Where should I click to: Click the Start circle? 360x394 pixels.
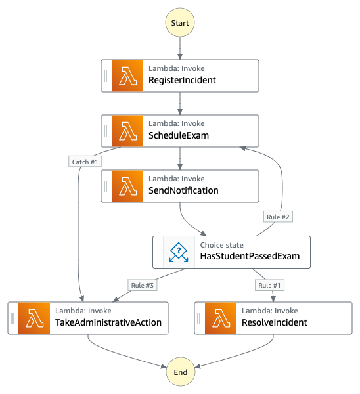[x=180, y=22]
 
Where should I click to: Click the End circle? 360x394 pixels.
[x=181, y=372]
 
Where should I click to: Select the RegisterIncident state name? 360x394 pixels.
[x=182, y=80]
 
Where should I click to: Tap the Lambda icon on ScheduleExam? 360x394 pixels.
[x=127, y=131]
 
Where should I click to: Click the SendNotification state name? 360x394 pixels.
[x=183, y=190]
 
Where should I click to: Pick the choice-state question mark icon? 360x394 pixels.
[x=179, y=252]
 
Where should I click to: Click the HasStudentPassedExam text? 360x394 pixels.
[x=250, y=256]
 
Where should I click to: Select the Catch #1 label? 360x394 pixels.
[x=85, y=162]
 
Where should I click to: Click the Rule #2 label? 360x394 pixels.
[x=278, y=217]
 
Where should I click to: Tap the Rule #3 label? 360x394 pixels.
[x=143, y=285]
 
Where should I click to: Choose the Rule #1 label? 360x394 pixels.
[x=269, y=285]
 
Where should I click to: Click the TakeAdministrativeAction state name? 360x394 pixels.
[x=108, y=322]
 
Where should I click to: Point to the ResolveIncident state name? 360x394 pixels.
[x=275, y=322]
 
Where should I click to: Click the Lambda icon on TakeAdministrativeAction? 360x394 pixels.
[x=34, y=318]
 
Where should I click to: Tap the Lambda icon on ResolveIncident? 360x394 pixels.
[x=221, y=318]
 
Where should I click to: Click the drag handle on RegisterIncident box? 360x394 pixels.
[x=106, y=76]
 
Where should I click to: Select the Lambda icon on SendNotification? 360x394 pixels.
[x=127, y=186]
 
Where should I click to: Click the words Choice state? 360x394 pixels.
[x=222, y=245]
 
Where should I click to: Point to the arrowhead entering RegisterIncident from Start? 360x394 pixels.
[x=180, y=56]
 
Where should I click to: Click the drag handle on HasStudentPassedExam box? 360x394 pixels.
[x=158, y=252]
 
